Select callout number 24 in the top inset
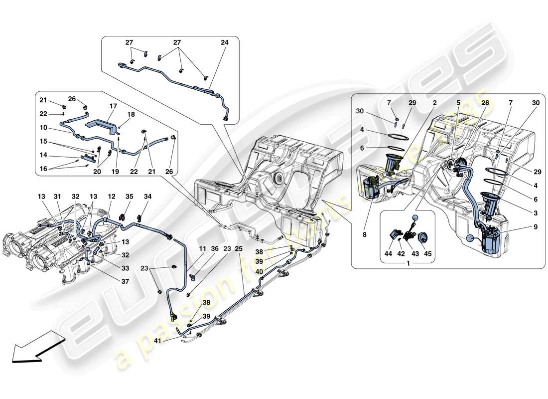[x=224, y=43]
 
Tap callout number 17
[x=113, y=106]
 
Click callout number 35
[x=129, y=198]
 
